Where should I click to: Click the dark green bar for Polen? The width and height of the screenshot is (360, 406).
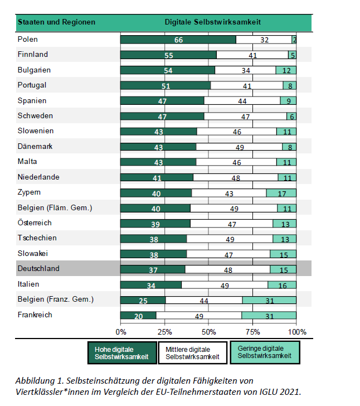(178, 40)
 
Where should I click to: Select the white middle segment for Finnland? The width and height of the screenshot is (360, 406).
(252, 55)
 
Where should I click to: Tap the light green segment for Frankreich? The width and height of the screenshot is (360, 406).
(269, 316)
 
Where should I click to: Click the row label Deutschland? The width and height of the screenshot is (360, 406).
(38, 268)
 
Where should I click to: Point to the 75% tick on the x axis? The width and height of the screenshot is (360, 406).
(252, 332)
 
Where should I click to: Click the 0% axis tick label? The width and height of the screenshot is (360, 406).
(121, 332)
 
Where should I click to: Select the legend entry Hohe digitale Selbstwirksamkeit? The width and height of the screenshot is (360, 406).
(121, 352)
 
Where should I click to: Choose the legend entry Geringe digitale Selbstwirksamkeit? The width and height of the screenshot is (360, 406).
(265, 352)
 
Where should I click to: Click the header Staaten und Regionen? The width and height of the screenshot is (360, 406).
(56, 22)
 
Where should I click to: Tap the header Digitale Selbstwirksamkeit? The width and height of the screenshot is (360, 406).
(213, 22)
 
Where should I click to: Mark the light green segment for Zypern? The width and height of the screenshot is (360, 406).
(281, 193)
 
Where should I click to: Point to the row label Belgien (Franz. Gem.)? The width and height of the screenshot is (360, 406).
(55, 299)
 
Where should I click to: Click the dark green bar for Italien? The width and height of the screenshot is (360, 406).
(150, 285)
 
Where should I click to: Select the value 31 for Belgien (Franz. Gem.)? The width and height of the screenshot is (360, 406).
(270, 300)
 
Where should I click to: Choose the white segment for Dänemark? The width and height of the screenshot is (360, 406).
(240, 147)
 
